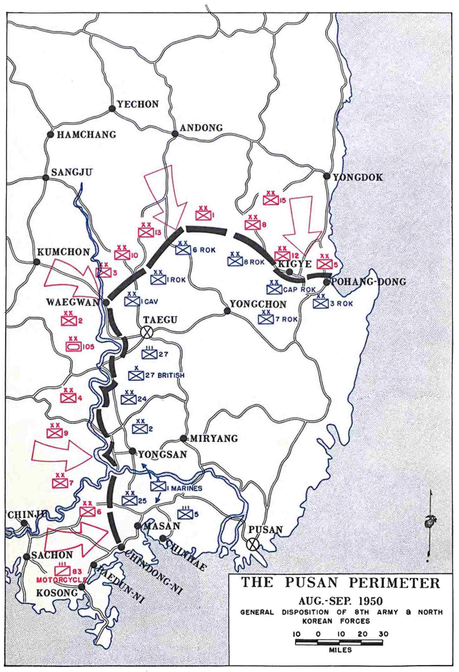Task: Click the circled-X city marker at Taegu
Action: (147, 332)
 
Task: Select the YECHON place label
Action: (138, 104)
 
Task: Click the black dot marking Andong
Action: (175, 134)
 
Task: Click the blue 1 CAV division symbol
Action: (132, 301)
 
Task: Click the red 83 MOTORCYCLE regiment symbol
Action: (62, 571)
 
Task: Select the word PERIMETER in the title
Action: (394, 583)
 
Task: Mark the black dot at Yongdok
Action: (327, 176)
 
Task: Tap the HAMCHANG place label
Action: (86, 135)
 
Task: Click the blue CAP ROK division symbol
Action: (274, 289)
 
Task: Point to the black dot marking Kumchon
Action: (37, 262)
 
